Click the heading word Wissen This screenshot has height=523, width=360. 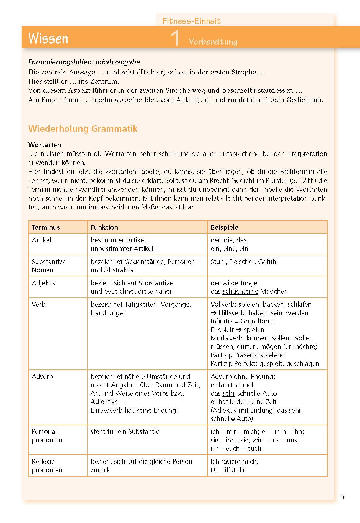point(48,38)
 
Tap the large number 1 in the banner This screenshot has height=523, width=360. point(175,38)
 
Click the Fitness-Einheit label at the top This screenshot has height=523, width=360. point(191,21)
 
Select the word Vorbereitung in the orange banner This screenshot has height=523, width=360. point(213,42)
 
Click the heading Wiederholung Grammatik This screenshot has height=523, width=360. point(83,129)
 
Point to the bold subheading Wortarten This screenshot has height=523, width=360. point(45,145)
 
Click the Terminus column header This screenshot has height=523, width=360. point(46,227)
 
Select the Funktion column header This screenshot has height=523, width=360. point(104,227)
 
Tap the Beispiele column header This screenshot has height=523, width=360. point(224,227)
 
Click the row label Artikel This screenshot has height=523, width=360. point(42,240)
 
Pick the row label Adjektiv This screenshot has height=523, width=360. point(44,283)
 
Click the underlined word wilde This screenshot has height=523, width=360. point(230,283)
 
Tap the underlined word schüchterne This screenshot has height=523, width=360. point(240,291)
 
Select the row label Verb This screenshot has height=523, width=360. point(38,304)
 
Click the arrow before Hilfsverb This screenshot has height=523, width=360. point(214,313)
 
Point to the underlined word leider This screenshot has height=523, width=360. point(238,402)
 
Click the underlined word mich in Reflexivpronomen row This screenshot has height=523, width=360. point(249,461)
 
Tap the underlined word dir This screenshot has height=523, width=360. point(241,470)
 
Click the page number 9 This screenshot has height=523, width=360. point(342,498)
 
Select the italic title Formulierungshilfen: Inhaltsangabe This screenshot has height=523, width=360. point(84,62)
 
